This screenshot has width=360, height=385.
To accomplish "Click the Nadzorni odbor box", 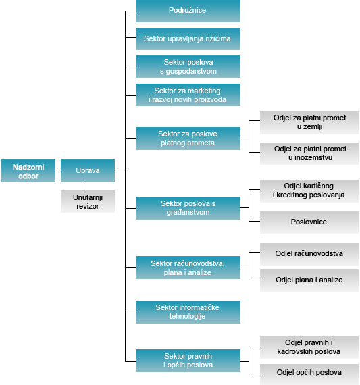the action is click(x=28, y=171).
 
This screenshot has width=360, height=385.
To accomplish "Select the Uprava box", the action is click(x=88, y=171).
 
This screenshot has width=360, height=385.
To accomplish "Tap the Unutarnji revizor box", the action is click(x=88, y=201).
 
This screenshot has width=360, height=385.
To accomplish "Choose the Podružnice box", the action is click(x=188, y=11).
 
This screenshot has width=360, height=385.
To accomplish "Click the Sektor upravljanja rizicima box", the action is click(x=188, y=38).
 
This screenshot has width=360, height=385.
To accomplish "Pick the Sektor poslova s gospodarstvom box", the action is click(x=188, y=67).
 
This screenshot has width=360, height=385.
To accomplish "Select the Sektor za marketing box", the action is click(x=188, y=95).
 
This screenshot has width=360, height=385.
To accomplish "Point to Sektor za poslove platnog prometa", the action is click(x=188, y=138).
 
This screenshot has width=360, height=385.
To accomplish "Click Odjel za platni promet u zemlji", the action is click(x=309, y=123).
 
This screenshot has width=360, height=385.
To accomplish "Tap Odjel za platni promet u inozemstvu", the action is click(x=309, y=154).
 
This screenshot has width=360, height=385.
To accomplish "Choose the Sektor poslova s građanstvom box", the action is click(x=188, y=208).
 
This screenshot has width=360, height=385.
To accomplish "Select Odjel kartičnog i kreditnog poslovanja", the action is click(x=309, y=191).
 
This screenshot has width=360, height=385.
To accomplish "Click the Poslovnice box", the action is click(x=309, y=222).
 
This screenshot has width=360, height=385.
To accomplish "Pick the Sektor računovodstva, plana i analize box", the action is click(x=188, y=267).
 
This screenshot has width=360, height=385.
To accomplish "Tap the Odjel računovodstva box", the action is click(x=309, y=255).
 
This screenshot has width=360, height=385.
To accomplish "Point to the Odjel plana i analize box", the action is click(x=309, y=280).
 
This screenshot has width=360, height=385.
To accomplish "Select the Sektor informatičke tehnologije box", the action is click(x=188, y=312).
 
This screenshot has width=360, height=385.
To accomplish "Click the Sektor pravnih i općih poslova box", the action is click(x=188, y=361).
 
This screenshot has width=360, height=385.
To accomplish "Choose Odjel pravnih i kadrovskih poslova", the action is click(x=309, y=348).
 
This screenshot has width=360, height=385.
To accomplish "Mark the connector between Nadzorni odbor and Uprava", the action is click(x=58, y=172).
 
